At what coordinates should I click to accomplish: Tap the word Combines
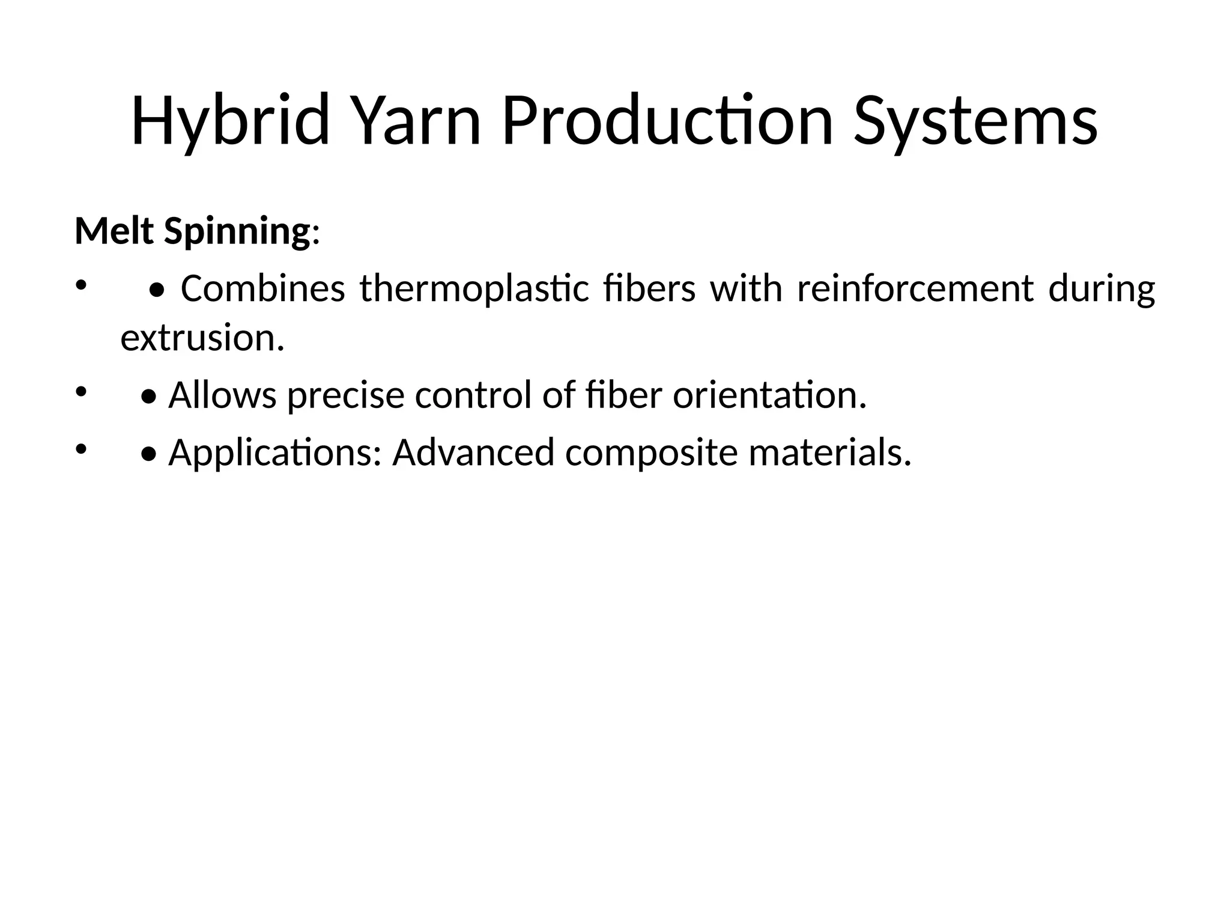(262, 288)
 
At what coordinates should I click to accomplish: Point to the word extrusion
(202, 338)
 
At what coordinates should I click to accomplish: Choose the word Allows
(222, 395)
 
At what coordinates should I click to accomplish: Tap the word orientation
(769, 395)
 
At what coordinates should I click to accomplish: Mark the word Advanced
(473, 452)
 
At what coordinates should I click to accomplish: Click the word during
(1101, 290)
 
